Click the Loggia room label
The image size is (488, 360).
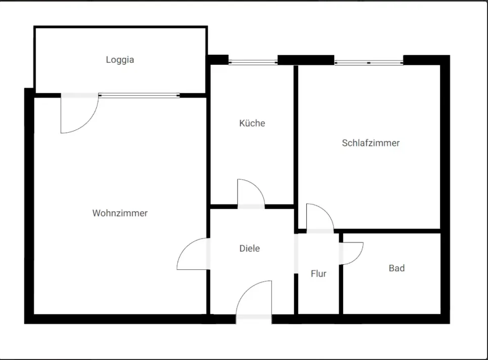[x=120, y=60]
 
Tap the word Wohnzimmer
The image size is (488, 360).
[x=120, y=213]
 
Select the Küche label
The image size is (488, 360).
[x=252, y=123]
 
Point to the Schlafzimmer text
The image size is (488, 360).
[x=371, y=143]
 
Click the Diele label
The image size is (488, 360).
[x=250, y=248]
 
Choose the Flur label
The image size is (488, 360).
[x=318, y=273]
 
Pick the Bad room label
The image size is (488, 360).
[x=397, y=268]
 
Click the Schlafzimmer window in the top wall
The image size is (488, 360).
[x=369, y=63]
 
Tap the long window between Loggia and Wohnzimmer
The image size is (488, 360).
[x=139, y=95]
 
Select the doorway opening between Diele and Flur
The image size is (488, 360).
[x=296, y=254]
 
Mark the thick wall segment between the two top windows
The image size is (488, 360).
[x=306, y=60]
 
